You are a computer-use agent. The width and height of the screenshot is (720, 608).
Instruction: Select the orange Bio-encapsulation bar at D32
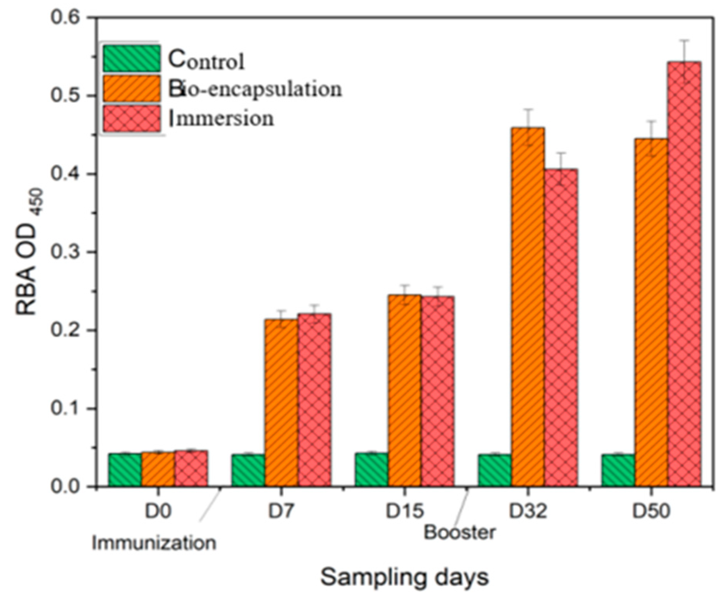coord(527,306)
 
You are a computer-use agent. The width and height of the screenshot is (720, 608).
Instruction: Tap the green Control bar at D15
coord(371,469)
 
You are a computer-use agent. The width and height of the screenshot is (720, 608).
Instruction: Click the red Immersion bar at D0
coord(191,468)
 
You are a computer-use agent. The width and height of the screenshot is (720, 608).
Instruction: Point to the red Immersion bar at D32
coord(560,328)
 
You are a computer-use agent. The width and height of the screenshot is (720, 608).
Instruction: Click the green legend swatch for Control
coord(132,59)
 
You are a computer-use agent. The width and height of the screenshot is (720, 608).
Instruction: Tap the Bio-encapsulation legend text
coord(255,89)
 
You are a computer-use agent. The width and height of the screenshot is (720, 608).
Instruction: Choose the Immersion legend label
coord(221,119)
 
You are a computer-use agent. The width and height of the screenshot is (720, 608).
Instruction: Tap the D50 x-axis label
coord(651,511)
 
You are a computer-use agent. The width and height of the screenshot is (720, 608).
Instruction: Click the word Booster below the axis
coord(459,533)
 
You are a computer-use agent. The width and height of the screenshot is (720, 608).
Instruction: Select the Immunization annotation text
coord(154,543)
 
